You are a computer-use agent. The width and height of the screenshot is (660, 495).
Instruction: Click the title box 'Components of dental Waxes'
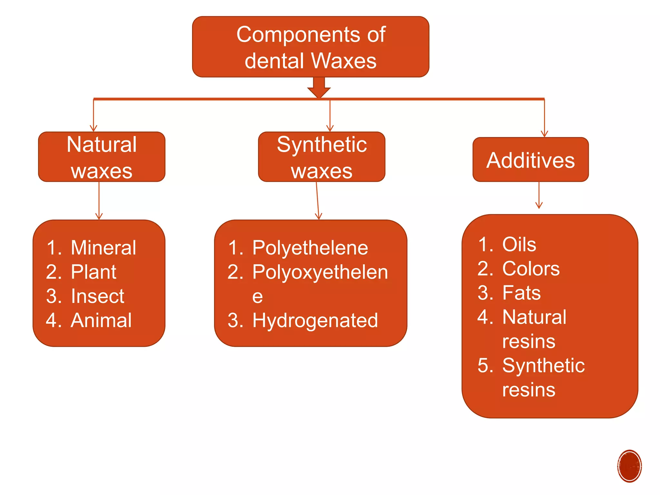(x=311, y=47)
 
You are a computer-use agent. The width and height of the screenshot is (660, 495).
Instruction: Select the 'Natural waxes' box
(x=102, y=157)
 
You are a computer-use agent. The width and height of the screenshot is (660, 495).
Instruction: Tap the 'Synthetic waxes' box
(x=322, y=157)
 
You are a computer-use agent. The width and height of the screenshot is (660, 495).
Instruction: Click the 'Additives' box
(x=530, y=160)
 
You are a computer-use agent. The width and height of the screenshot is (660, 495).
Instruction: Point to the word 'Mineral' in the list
(x=103, y=248)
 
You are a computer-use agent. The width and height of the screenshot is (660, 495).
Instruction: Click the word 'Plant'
(x=93, y=272)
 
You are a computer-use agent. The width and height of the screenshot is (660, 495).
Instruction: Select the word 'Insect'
(x=97, y=296)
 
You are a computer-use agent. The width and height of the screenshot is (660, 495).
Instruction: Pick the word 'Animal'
(x=101, y=320)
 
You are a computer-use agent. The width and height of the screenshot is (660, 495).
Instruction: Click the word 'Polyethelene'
(x=310, y=248)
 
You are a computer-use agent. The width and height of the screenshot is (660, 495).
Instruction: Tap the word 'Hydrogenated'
(x=315, y=321)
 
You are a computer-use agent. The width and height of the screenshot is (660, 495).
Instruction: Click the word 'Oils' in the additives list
(x=519, y=244)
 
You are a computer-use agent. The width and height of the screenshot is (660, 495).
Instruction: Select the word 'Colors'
(x=531, y=268)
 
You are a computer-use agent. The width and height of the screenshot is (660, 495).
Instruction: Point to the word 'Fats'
(x=521, y=293)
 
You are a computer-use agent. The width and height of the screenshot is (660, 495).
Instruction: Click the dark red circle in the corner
(x=629, y=466)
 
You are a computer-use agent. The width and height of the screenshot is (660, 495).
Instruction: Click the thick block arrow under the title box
(x=319, y=87)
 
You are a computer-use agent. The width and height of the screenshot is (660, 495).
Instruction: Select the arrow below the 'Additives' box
(x=539, y=195)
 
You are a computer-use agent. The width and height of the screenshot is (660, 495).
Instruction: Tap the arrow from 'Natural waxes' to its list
(x=99, y=201)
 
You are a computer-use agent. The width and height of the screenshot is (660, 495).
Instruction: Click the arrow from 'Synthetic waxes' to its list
(x=317, y=201)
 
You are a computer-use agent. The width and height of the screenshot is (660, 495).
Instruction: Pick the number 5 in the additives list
(x=485, y=365)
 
